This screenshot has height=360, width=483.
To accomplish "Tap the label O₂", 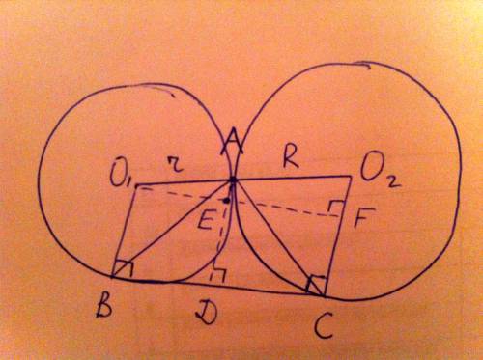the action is (x=381, y=176).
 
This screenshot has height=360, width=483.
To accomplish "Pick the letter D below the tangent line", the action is (x=206, y=313).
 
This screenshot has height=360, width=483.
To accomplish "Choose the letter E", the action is (x=205, y=218).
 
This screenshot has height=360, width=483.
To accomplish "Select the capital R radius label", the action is (x=290, y=159).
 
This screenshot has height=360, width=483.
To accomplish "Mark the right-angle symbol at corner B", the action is (x=124, y=268).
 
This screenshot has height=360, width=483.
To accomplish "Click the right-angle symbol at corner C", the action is (x=317, y=283).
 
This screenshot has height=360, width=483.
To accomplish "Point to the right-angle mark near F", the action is (x=336, y=206).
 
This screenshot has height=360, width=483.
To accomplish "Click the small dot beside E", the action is (x=227, y=201).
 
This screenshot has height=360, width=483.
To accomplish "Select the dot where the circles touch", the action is (x=233, y=180).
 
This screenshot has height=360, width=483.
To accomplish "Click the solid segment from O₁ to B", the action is (x=124, y=231).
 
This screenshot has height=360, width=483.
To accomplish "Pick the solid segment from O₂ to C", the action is (x=337, y=235).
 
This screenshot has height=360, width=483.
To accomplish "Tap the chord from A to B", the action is (x=172, y=229).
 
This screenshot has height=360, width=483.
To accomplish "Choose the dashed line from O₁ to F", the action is (x=239, y=203).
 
